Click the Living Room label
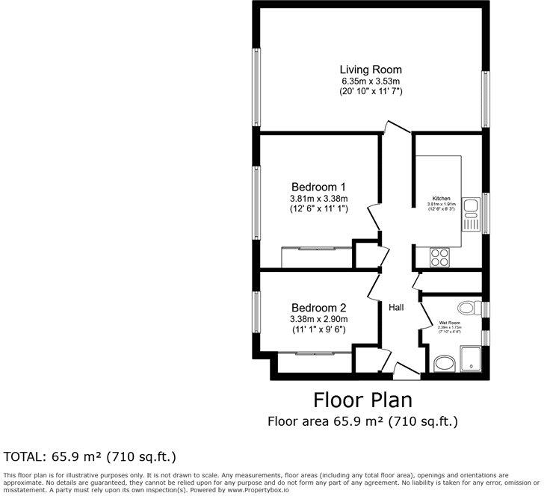(371, 69)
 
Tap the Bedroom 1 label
(318, 186)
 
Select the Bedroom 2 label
(318, 307)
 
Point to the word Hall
(396, 307)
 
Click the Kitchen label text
(435, 198)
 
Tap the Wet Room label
(450, 323)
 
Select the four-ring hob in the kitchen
(439, 257)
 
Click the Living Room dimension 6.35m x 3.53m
(371, 81)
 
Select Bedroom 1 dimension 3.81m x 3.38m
(318, 199)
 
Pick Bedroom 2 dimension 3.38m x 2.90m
(318, 319)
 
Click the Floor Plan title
(363, 398)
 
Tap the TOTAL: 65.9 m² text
(90, 456)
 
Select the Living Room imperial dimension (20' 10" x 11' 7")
(371, 91)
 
